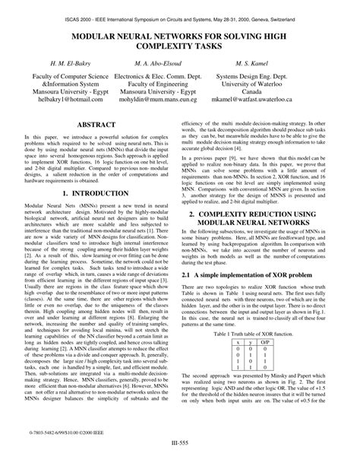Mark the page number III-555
point(181,460)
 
